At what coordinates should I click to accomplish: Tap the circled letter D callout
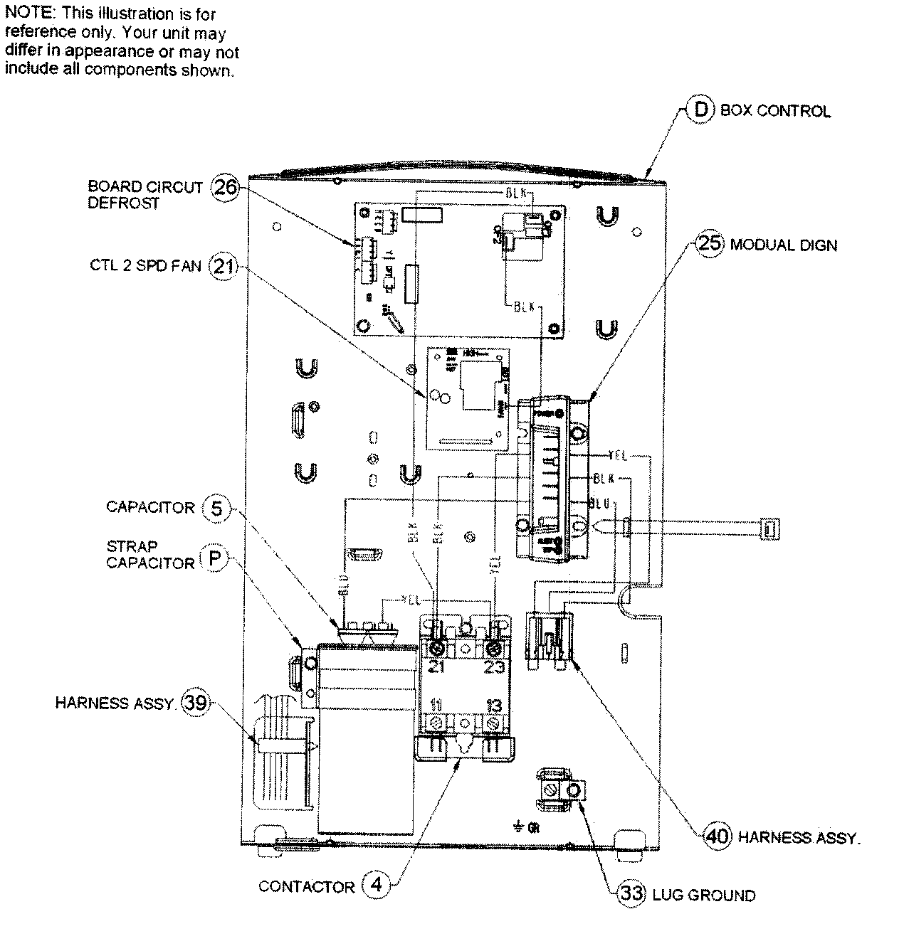[x=700, y=110]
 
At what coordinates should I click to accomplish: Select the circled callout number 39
[x=194, y=703]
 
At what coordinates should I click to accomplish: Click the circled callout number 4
[x=377, y=886]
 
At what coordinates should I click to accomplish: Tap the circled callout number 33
[x=631, y=893]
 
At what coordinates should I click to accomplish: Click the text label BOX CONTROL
[x=775, y=111]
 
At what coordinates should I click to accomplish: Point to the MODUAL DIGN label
[x=784, y=245]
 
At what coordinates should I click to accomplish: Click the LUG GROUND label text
[x=703, y=895]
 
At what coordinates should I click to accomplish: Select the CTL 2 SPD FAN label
[x=145, y=266]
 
